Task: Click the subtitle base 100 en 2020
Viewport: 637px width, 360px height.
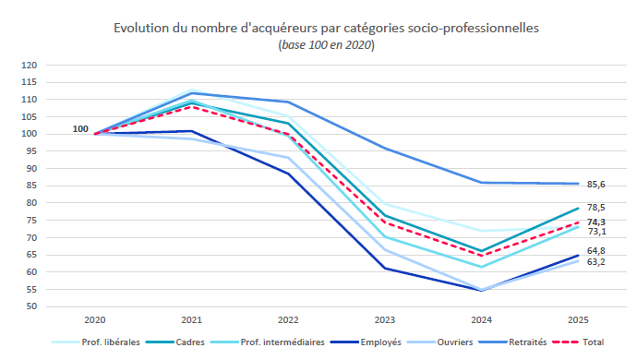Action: pos(326,45)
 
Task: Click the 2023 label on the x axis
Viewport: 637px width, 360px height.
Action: pos(384,319)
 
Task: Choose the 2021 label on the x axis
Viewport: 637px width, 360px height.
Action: pos(191,319)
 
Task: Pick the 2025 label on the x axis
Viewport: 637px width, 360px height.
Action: pos(577,319)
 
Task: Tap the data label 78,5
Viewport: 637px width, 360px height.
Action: pos(596,208)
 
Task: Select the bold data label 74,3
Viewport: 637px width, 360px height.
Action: pos(596,222)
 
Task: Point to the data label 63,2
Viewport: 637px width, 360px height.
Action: pos(596,261)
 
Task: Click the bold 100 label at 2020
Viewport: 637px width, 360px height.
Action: pos(80,128)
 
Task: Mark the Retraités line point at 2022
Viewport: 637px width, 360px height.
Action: pos(288,102)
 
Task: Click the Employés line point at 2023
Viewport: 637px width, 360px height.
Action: pos(384,268)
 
